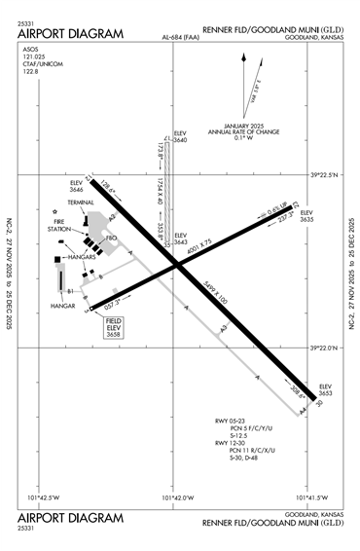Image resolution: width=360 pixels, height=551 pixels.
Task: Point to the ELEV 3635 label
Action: point(307,216)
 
